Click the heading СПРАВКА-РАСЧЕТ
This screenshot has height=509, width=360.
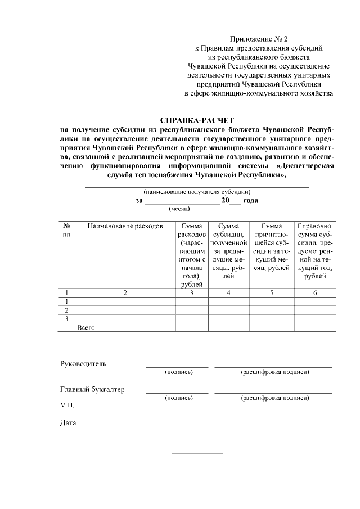[196, 120]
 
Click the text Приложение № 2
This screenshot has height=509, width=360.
[259, 39]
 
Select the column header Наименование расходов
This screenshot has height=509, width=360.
[125, 226]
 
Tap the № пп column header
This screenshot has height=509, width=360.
[66, 229]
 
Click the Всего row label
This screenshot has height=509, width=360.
[86, 327]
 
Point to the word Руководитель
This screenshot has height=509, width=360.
[83, 363]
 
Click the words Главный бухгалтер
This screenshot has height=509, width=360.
[92, 389]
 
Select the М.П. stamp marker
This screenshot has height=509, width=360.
[66, 405]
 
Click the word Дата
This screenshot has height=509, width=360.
[68, 423]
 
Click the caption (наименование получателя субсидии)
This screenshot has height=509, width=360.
[196, 192]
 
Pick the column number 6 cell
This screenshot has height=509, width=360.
[314, 292]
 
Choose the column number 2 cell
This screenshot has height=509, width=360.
[125, 292]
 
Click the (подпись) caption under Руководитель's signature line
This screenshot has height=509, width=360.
[178, 372]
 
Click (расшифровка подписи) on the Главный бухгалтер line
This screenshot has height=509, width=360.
[274, 398]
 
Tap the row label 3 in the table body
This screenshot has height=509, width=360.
[66, 318]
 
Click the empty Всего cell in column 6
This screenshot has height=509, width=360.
[314, 327]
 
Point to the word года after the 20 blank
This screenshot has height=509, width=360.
[250, 200]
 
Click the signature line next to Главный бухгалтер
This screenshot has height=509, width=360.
[177, 393]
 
